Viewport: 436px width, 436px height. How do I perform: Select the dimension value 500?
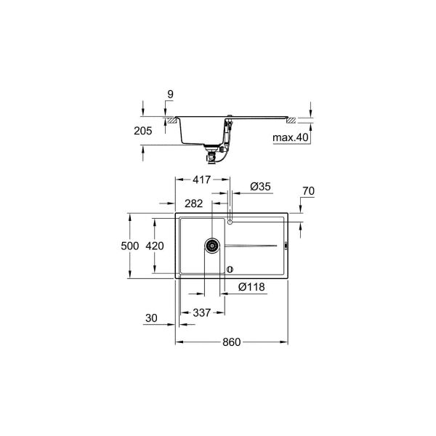point(129,246)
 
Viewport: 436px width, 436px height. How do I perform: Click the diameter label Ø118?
point(251,287)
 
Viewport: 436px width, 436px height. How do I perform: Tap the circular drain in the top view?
point(212,245)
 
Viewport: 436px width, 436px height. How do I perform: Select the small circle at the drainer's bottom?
point(230,269)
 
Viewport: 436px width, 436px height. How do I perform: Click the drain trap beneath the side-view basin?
point(213,152)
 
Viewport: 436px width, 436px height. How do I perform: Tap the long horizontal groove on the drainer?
point(254,246)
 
